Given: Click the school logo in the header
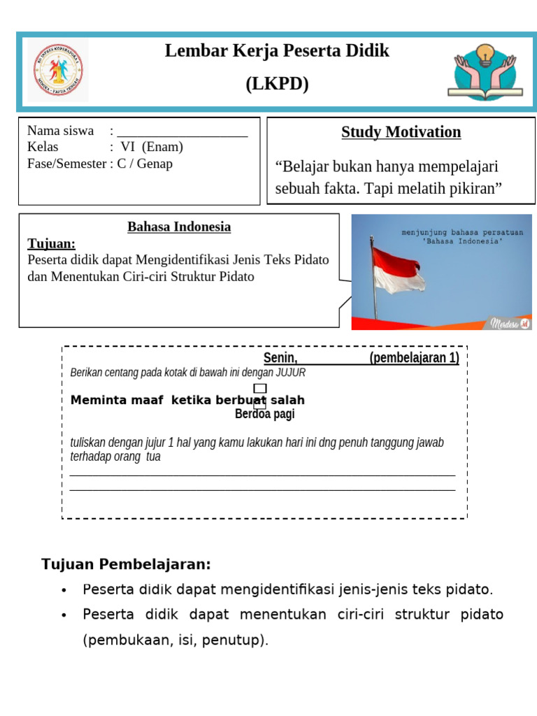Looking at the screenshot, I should coord(57,71).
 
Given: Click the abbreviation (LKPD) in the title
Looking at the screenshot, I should coord(277,85).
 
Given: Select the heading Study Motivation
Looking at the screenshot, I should coord(401,132).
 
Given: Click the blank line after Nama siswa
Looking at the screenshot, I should coord(182,132).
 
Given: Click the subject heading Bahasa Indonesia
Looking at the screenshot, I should coord(179,227).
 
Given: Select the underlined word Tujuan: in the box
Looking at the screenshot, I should coord(51,243).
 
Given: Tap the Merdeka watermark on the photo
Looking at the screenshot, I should coord(508,323).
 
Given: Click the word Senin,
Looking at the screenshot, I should coord(280,358).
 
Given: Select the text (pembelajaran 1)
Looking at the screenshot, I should coord(414,358).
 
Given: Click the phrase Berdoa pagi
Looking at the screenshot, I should coord(264,414).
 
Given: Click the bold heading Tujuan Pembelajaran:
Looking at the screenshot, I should coord(126,564).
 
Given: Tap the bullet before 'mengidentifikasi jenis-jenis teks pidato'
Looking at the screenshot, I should coord(65,590).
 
